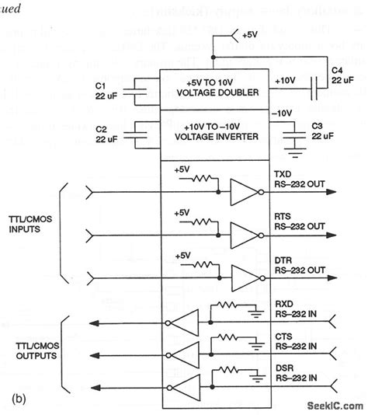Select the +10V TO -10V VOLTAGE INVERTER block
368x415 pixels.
(x=214, y=133)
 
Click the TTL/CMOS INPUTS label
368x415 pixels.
(x=31, y=231)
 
